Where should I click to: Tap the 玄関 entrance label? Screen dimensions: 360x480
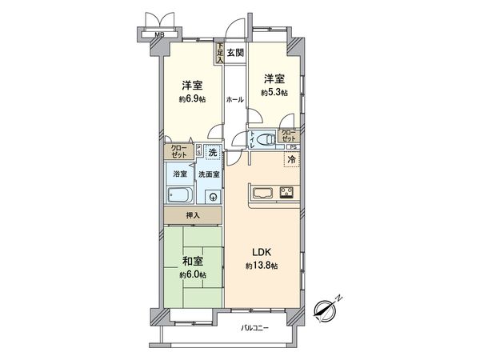point(234,54)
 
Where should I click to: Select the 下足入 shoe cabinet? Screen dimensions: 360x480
point(218,53)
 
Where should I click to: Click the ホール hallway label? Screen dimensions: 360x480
point(234,99)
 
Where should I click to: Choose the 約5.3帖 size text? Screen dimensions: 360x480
point(274,93)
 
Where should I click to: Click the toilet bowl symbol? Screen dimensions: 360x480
point(268,138)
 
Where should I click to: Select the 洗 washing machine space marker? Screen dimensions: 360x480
point(212,152)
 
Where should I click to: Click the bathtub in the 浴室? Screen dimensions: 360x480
point(180,196)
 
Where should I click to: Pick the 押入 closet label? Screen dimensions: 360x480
point(193,216)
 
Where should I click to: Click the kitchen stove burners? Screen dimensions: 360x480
point(287,192)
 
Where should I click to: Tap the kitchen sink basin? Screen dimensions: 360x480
point(264,192)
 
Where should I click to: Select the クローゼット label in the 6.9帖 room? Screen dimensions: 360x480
point(178,150)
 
